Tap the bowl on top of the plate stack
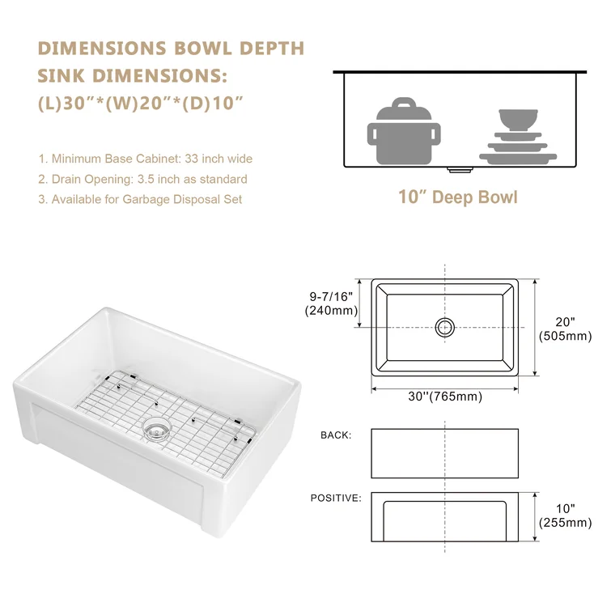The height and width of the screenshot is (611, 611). [x=518, y=120]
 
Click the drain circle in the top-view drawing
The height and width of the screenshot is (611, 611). [x=444, y=327]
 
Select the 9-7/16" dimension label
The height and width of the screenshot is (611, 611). [x=331, y=296]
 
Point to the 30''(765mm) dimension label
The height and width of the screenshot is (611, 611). [x=445, y=397]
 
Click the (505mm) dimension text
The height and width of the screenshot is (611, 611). [x=566, y=336]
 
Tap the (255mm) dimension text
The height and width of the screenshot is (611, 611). [x=566, y=523]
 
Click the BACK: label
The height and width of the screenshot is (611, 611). [x=336, y=435]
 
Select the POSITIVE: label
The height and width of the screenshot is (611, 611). [x=336, y=498]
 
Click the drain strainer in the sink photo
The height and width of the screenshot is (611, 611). [x=157, y=429]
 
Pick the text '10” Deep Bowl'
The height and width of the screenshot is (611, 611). [x=458, y=197]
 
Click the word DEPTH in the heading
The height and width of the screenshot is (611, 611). [x=272, y=49]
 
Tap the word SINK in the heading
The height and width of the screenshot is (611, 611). [x=62, y=75]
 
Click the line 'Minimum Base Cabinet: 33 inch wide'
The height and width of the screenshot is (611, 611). [x=146, y=159]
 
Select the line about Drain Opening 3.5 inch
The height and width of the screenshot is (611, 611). [x=142, y=179]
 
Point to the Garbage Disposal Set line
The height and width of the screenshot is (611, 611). [x=140, y=199]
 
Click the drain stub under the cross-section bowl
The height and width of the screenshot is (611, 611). [x=460, y=170]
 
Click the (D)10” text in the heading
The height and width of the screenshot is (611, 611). [x=213, y=104]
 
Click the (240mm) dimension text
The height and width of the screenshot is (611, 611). [x=331, y=311]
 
